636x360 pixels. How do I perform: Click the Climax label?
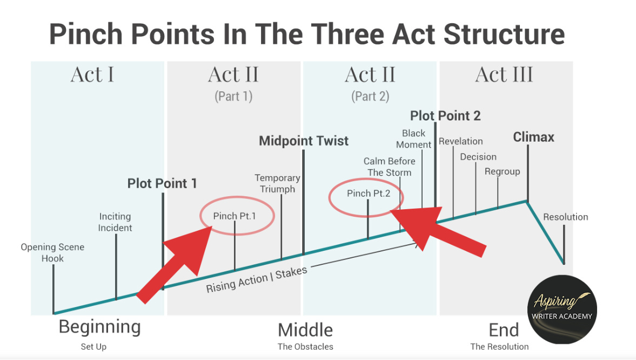pyautogui.click(x=533, y=137)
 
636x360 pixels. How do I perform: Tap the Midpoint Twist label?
pyautogui.click(x=304, y=141)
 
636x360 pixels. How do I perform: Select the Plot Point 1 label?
pyautogui.click(x=162, y=184)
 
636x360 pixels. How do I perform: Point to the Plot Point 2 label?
pyautogui.click(x=445, y=116)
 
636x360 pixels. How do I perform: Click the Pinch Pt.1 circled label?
pyautogui.click(x=235, y=216)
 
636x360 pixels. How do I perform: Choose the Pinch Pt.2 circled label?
pyautogui.click(x=369, y=194)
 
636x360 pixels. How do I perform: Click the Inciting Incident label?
pyautogui.click(x=115, y=222)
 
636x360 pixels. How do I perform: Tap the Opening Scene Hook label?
pyautogui.click(x=52, y=253)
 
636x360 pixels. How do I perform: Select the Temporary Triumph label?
pyautogui.click(x=277, y=183)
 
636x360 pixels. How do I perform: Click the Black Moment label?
pyautogui.click(x=414, y=139)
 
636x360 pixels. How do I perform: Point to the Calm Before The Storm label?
pyautogui.click(x=390, y=167)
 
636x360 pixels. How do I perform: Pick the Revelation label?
pyautogui.click(x=461, y=142)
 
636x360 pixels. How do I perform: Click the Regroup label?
pyautogui.click(x=502, y=172)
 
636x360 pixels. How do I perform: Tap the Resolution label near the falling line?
pyautogui.click(x=565, y=217)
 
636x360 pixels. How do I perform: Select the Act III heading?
pyautogui.click(x=504, y=75)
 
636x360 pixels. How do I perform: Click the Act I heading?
pyautogui.click(x=92, y=75)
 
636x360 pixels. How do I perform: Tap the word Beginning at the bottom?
pyautogui.click(x=99, y=327)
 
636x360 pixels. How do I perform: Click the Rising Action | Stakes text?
pyautogui.click(x=256, y=279)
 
